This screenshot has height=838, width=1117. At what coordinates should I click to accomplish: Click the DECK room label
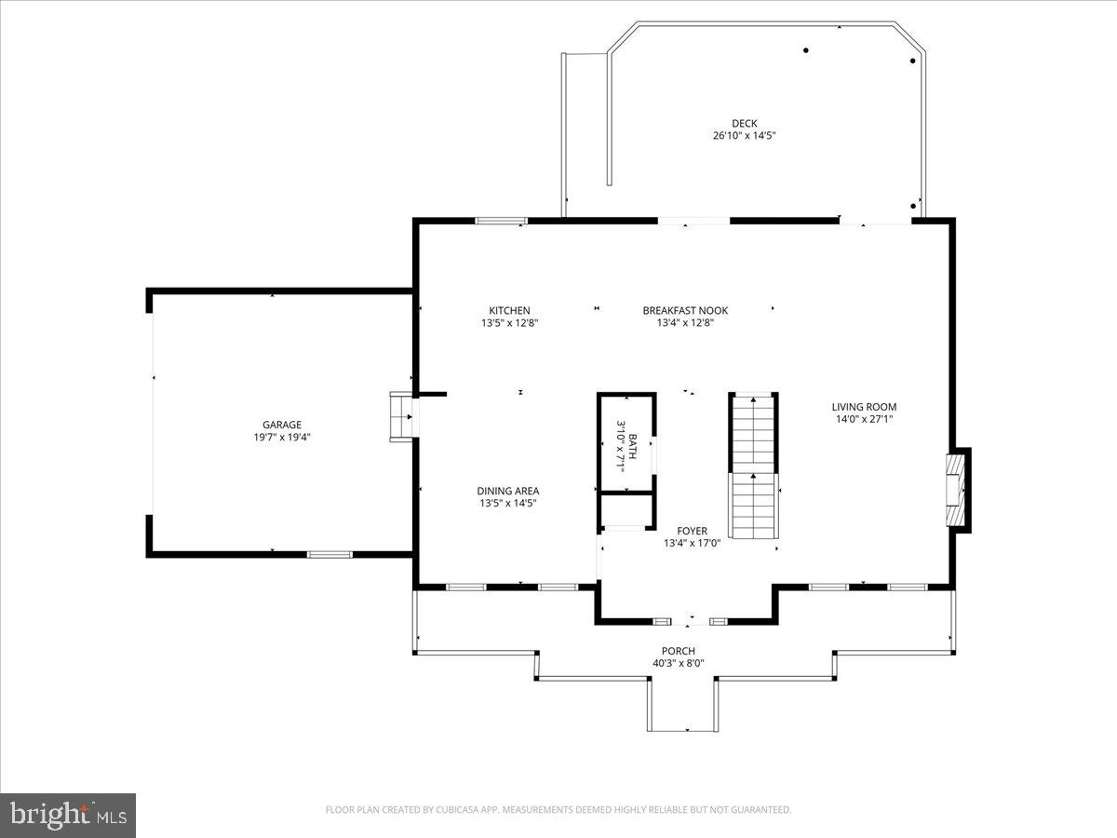tap(744, 123)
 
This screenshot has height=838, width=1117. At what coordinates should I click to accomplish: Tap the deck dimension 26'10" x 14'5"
tap(744, 136)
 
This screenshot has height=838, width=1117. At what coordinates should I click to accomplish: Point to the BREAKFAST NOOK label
tap(685, 311)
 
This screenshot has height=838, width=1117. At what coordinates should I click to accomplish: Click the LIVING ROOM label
tap(864, 407)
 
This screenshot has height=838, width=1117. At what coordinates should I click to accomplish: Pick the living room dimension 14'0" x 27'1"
tap(864, 419)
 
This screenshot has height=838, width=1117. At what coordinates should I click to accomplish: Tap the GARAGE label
tap(281, 425)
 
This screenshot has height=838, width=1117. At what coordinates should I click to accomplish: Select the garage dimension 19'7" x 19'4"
tap(281, 437)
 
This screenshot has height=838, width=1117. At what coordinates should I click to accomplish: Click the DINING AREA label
tap(507, 491)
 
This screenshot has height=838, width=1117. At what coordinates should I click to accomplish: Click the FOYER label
tap(692, 531)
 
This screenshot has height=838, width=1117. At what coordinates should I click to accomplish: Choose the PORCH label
tap(678, 651)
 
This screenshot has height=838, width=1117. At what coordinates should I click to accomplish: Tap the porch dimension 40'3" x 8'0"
tap(678, 664)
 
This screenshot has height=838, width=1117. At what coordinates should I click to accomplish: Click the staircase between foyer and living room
tap(752, 465)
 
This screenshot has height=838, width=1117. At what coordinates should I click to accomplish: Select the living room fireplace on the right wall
tap(957, 490)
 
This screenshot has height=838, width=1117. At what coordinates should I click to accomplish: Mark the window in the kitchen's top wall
tap(501, 221)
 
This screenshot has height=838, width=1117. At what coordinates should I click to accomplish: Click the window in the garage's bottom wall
tap(330, 554)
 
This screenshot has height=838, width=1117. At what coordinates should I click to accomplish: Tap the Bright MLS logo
tap(68, 816)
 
